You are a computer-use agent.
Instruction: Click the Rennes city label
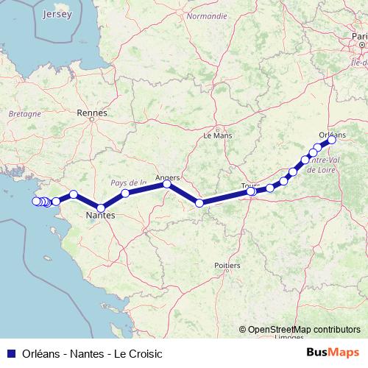pos(92,113)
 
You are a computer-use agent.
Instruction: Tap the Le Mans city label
pos(217,135)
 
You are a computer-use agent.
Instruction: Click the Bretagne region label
pos(24,114)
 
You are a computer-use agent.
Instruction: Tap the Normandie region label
pos(206,15)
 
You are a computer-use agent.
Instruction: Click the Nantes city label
pos(100,216)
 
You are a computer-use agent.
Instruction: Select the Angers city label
pos(168,177)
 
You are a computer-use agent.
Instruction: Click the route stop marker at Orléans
pos(331,141)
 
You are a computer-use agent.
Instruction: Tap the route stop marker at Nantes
pos(101,208)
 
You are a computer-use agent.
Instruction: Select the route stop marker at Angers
pos(167,185)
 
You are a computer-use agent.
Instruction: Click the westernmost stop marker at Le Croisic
pos(35,200)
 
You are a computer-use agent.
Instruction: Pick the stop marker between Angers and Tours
pos(199,202)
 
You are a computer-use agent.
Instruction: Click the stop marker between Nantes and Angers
pos(125,194)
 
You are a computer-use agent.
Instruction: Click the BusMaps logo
pos(333,353)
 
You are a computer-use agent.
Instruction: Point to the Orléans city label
pos(333,134)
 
